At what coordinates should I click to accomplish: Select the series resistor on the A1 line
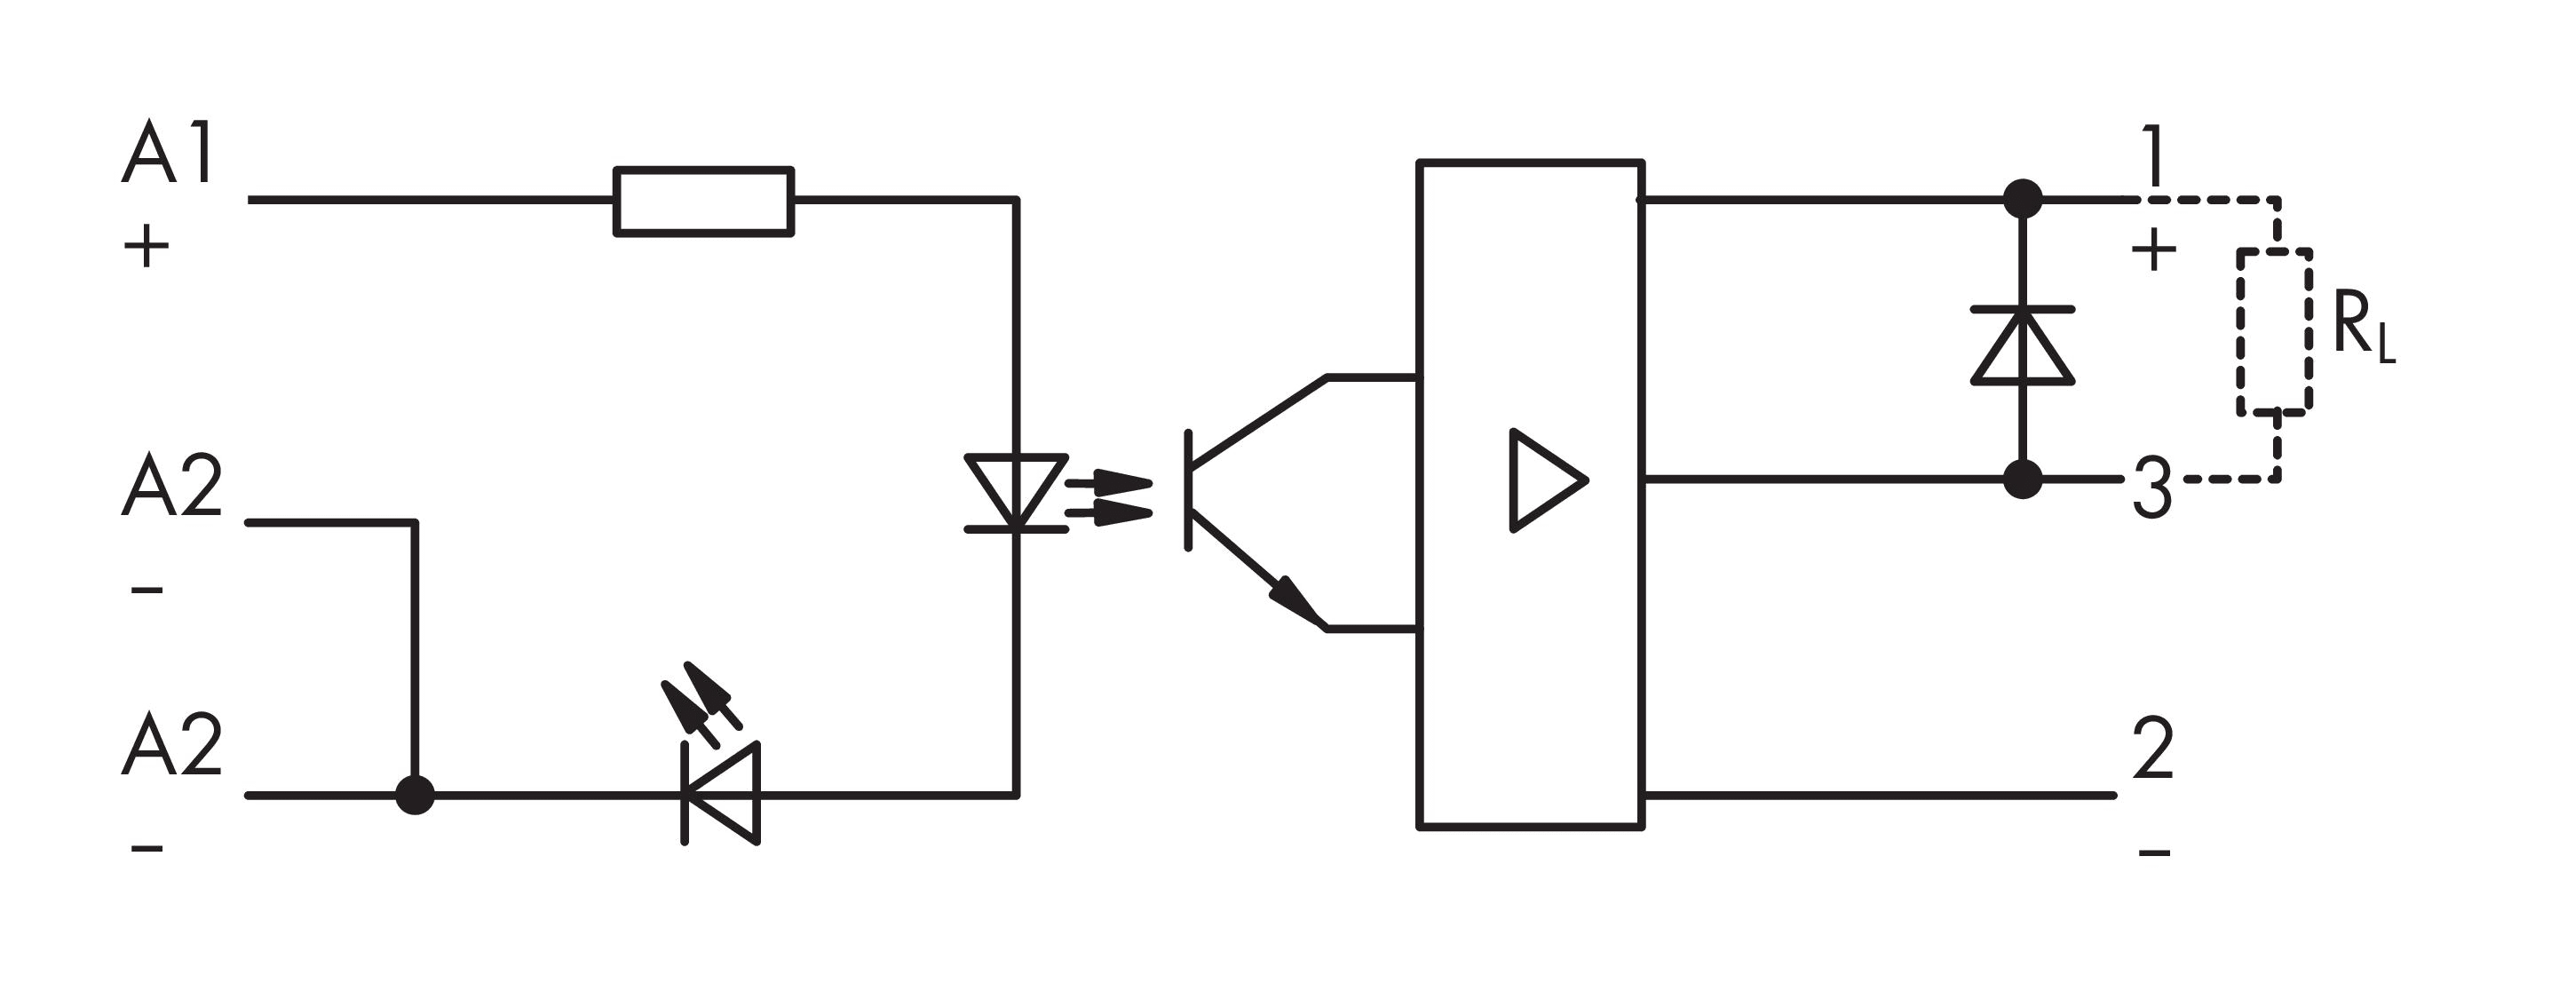[x=703, y=201]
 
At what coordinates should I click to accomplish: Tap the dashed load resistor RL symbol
[x=2274, y=329]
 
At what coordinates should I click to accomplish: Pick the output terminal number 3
[x=2151, y=489]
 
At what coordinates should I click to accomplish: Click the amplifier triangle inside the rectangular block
[x=1546, y=480]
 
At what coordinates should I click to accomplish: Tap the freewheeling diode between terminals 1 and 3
[x=2023, y=345]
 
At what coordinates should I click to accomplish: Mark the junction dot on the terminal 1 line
[x=2023, y=200]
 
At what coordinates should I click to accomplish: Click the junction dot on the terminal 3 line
[x=2023, y=480]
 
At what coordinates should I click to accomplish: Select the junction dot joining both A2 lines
[x=415, y=795]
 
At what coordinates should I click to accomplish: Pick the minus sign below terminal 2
[x=2154, y=852]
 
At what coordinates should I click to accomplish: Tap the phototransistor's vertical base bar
[x=1188, y=489]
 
